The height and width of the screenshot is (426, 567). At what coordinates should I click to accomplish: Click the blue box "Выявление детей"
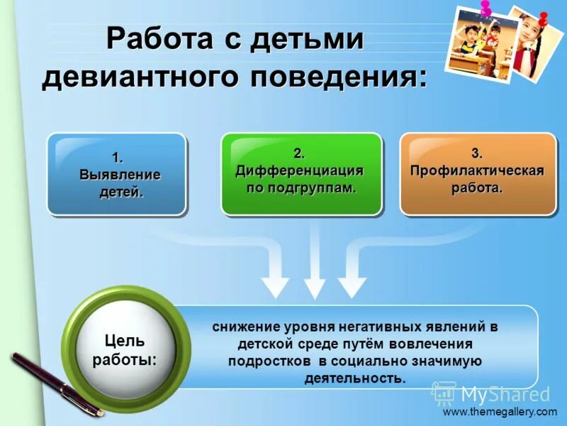pyautogui.click(x=117, y=174)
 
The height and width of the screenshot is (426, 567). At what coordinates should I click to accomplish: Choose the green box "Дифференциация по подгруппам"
pyautogui.click(x=301, y=174)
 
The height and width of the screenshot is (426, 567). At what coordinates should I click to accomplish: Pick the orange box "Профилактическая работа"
pyautogui.click(x=478, y=174)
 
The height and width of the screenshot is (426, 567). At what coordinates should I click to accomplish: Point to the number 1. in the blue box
pyautogui.click(x=118, y=157)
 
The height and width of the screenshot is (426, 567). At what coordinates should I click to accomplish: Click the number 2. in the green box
pyautogui.click(x=300, y=153)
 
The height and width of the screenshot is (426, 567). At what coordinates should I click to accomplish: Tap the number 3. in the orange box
pyautogui.click(x=477, y=153)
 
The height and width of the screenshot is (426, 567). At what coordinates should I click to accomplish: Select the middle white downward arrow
pyautogui.click(x=314, y=280)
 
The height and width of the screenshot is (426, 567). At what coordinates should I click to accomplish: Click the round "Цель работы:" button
pyautogui.click(x=125, y=348)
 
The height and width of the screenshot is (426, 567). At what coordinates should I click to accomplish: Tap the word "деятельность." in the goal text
pyautogui.click(x=355, y=378)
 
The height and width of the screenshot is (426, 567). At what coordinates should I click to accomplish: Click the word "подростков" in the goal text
pyautogui.click(x=265, y=361)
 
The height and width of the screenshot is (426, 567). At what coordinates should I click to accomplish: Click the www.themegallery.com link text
pyautogui.click(x=500, y=412)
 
